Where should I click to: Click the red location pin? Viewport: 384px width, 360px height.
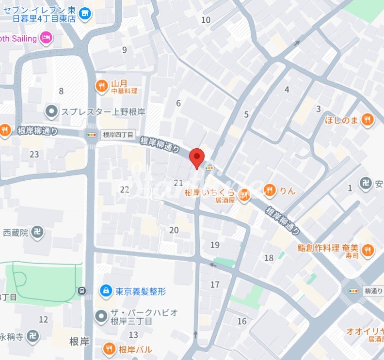196,157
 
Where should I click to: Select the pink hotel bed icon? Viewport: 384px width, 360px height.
46,38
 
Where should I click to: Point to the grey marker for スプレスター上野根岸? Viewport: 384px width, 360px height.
51,112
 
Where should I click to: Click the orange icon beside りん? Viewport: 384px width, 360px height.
271,191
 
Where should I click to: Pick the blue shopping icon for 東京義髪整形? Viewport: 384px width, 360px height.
104,291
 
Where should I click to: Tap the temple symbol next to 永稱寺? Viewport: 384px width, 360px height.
32,336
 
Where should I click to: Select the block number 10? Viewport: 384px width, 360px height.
206,20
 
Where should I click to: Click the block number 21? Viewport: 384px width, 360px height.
178,182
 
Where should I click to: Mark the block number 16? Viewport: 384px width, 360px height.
241,321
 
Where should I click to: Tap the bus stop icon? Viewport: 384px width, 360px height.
82,291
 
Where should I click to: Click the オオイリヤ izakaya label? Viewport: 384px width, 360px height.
364,332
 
